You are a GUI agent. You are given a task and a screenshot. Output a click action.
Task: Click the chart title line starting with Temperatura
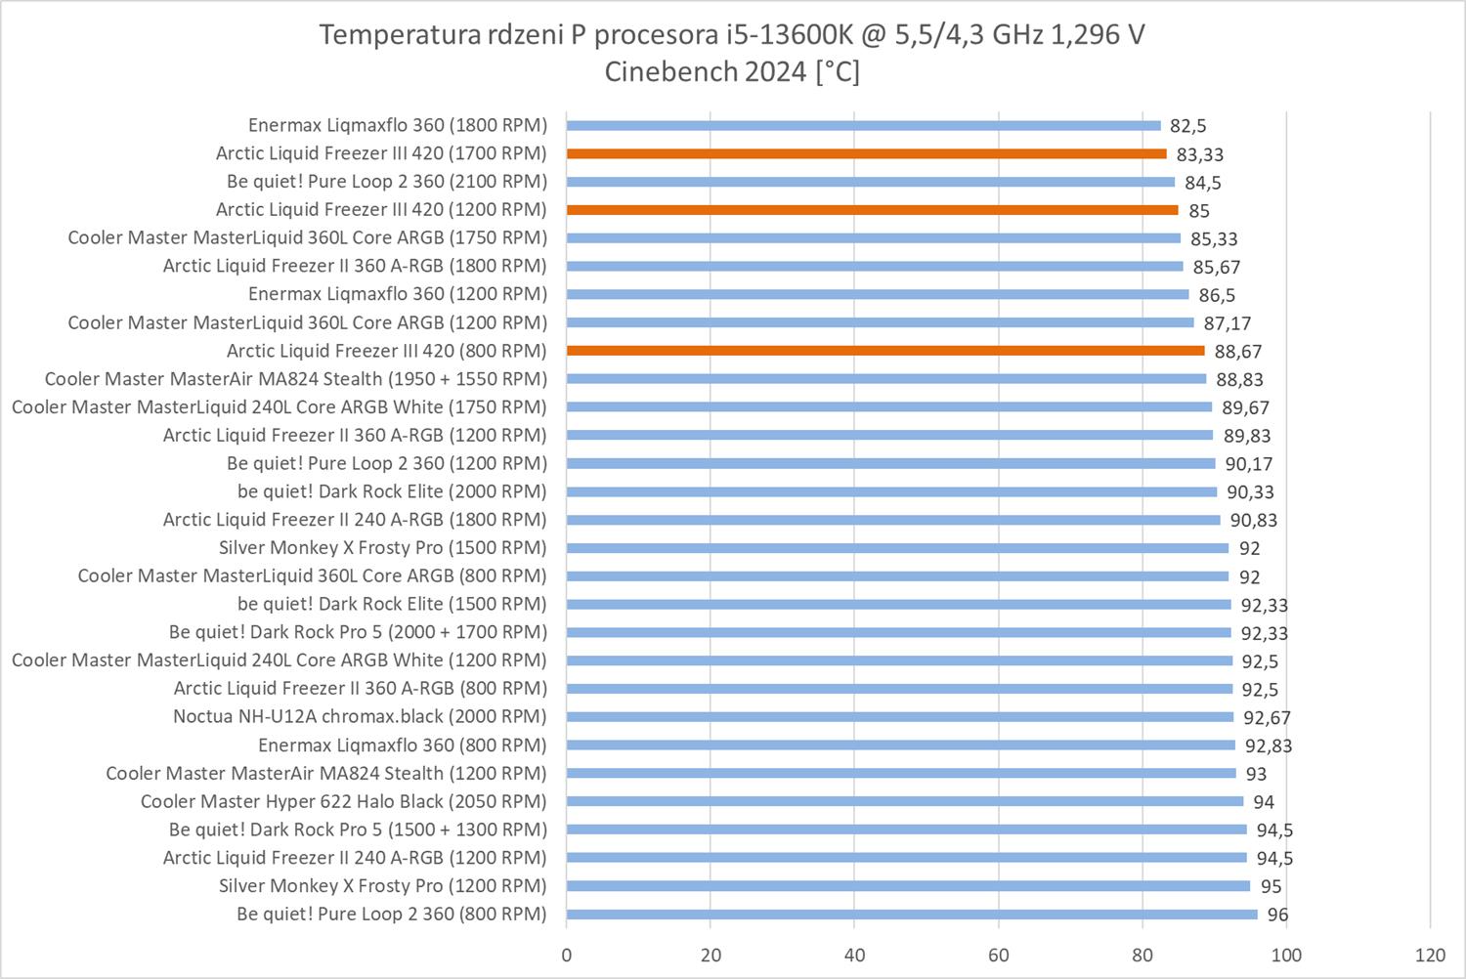(x=732, y=35)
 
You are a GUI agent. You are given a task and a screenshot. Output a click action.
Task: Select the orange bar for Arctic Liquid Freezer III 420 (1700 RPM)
(x=866, y=153)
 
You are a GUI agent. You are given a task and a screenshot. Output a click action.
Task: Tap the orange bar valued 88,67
(x=885, y=351)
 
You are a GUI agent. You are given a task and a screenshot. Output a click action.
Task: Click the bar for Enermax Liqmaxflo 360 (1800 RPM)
(x=863, y=125)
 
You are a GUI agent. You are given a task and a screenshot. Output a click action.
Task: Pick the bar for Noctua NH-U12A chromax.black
(x=899, y=716)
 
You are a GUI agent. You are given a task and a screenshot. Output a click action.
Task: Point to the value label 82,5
(x=1187, y=126)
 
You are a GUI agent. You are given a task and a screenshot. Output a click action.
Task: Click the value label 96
(x=1277, y=915)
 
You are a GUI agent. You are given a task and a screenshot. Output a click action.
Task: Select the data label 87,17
(x=1228, y=323)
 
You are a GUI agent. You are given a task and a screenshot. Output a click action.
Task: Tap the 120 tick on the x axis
(x=1430, y=955)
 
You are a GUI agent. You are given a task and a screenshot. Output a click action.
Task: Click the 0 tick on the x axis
(x=566, y=955)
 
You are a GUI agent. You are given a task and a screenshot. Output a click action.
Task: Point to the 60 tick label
(x=998, y=955)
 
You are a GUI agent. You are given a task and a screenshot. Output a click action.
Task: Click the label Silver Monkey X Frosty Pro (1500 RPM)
(x=382, y=547)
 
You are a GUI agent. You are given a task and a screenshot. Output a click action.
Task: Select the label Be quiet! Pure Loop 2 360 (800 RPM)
(x=391, y=915)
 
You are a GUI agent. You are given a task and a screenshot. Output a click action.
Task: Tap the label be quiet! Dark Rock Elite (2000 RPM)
(x=392, y=491)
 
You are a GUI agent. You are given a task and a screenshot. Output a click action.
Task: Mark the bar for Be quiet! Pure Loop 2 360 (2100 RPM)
(x=870, y=182)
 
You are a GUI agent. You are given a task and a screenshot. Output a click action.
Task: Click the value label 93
(x=1256, y=774)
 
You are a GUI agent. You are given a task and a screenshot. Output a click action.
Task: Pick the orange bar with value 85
(x=872, y=210)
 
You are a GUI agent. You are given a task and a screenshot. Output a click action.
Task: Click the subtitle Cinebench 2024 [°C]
(x=732, y=72)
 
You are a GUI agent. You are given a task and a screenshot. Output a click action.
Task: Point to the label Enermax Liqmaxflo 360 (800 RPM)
(x=402, y=745)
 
